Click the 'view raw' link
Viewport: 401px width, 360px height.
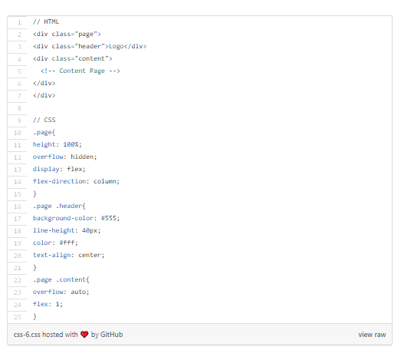372,335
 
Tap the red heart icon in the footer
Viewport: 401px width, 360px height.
84,335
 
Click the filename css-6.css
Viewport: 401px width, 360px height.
27,335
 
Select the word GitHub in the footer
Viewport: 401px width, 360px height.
111,335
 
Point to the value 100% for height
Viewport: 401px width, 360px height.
71,144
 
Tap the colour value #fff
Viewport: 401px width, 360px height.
67,243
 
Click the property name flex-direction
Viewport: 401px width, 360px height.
59,181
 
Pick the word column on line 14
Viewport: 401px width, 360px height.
105,181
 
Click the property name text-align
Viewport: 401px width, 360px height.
52,256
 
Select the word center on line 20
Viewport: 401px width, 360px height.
90,255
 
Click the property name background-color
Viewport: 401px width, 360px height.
63,218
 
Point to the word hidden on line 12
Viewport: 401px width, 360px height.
82,157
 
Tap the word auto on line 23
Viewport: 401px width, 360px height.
78,292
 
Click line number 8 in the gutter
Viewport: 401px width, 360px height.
19,108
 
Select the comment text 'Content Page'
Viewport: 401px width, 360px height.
82,71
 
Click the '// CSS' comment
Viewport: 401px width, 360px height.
44,120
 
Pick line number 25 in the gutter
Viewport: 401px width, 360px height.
18,317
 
